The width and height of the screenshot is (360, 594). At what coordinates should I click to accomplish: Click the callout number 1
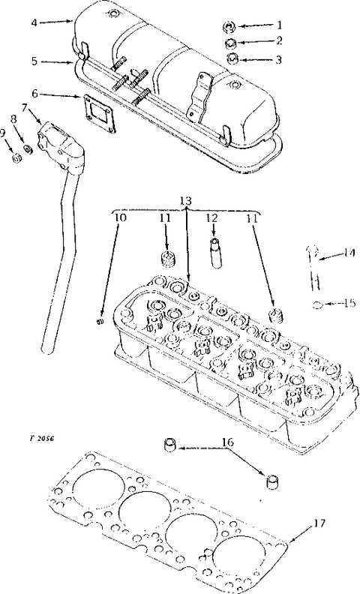pos(279,25)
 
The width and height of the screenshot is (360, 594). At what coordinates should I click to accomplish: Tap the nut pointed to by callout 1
pos(229,27)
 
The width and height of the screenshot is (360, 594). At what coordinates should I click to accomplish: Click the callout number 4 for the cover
pos(34,22)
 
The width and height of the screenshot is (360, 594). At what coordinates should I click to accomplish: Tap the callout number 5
pos(34,61)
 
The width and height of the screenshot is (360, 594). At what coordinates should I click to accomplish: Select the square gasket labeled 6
pos(99,112)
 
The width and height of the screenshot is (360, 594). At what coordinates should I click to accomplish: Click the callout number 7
pos(24,108)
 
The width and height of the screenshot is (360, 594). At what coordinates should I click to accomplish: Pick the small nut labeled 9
pos(16,159)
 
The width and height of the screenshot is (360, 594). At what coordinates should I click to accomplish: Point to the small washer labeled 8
pos(27,149)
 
